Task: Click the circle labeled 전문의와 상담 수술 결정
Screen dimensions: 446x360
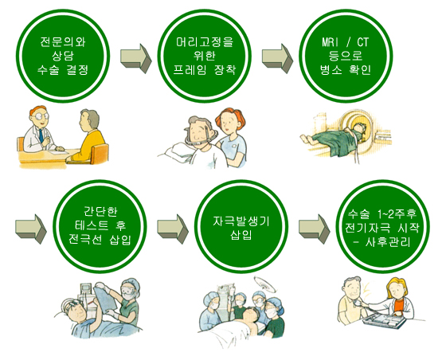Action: [63, 56]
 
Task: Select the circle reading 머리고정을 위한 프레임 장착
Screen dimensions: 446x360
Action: [204, 56]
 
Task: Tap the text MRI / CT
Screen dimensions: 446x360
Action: [346, 42]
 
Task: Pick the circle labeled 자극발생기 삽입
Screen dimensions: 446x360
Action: [241, 227]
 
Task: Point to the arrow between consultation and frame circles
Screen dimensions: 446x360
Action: [136, 58]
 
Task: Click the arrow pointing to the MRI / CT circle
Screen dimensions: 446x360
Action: [277, 58]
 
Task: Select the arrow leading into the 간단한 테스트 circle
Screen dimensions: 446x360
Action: [31, 229]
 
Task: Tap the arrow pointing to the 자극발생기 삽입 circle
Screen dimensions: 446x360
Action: [173, 229]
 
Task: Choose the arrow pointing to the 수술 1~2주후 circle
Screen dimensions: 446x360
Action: [314, 229]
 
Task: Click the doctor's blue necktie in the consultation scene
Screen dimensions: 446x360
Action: [41, 135]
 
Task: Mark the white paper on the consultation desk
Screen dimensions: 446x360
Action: [59, 152]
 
